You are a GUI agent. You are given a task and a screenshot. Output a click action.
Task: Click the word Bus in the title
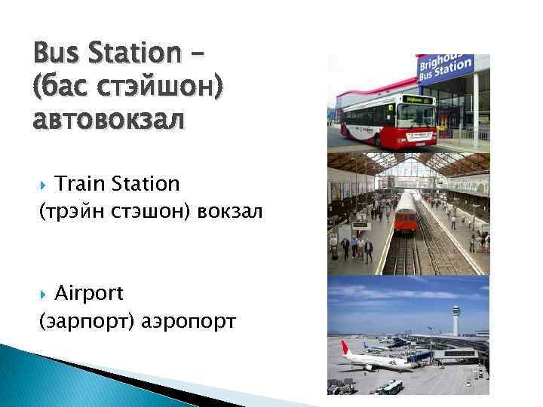(56, 54)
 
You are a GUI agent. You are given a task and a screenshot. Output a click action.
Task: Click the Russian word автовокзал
(108, 119)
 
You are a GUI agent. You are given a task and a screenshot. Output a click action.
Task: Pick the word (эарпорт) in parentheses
(87, 322)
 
